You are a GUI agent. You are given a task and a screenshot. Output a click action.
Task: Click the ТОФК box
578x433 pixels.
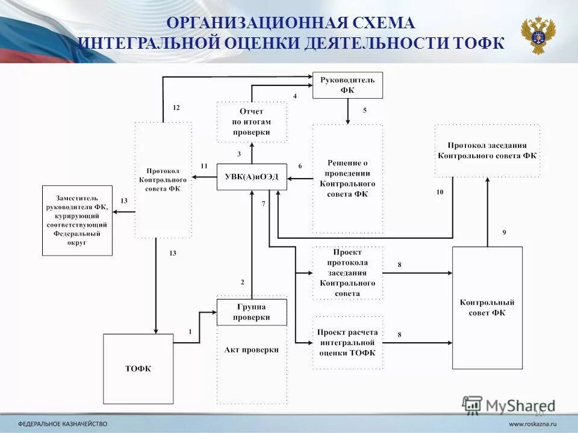138,369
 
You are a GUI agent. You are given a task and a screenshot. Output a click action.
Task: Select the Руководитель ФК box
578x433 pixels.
347,85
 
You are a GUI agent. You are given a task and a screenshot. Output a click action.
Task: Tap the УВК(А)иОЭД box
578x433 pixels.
251,177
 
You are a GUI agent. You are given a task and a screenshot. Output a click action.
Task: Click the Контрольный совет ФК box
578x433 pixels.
487,307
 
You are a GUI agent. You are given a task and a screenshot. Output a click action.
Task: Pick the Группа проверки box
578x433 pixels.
252,312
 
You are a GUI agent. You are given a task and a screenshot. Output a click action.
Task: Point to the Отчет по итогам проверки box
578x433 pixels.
252,122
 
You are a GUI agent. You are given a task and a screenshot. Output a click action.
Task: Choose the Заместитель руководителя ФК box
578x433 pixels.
77,220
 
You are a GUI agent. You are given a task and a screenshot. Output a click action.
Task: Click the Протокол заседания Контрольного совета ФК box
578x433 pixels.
487,150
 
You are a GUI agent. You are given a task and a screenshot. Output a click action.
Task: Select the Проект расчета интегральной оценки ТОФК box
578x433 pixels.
347,342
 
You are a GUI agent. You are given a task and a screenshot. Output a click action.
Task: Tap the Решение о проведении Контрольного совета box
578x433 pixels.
347,179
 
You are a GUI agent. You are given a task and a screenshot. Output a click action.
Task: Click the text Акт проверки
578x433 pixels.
252,349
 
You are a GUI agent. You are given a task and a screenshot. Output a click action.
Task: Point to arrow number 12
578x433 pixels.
176,108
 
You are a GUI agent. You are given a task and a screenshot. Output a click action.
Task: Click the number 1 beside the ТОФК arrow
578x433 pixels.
190,331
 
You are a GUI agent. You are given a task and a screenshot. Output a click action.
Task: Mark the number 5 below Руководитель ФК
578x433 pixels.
364,111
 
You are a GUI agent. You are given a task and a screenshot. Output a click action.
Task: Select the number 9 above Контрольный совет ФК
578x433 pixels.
504,232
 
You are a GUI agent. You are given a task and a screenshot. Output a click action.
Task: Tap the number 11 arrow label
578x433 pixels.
204,165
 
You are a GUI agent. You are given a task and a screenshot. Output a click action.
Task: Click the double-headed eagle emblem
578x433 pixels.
538,34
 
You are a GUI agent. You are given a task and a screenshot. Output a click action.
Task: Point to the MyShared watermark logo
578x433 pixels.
509,405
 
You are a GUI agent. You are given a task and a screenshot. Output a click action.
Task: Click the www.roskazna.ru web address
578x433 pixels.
533,423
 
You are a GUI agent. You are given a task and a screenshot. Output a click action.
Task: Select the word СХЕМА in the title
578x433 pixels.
385,23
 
